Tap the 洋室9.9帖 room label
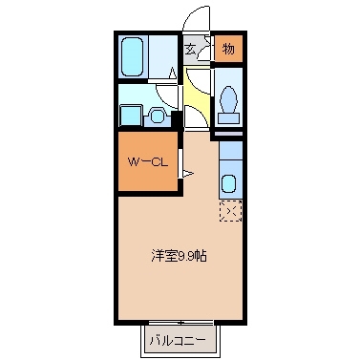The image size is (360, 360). point(179,255)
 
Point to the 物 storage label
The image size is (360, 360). point(229,48)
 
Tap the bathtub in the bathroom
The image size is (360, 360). point(133,56)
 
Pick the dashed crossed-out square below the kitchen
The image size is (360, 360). point(229,210)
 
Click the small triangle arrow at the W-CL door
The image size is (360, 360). point(187,173)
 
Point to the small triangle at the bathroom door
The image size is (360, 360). point(173,72)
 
